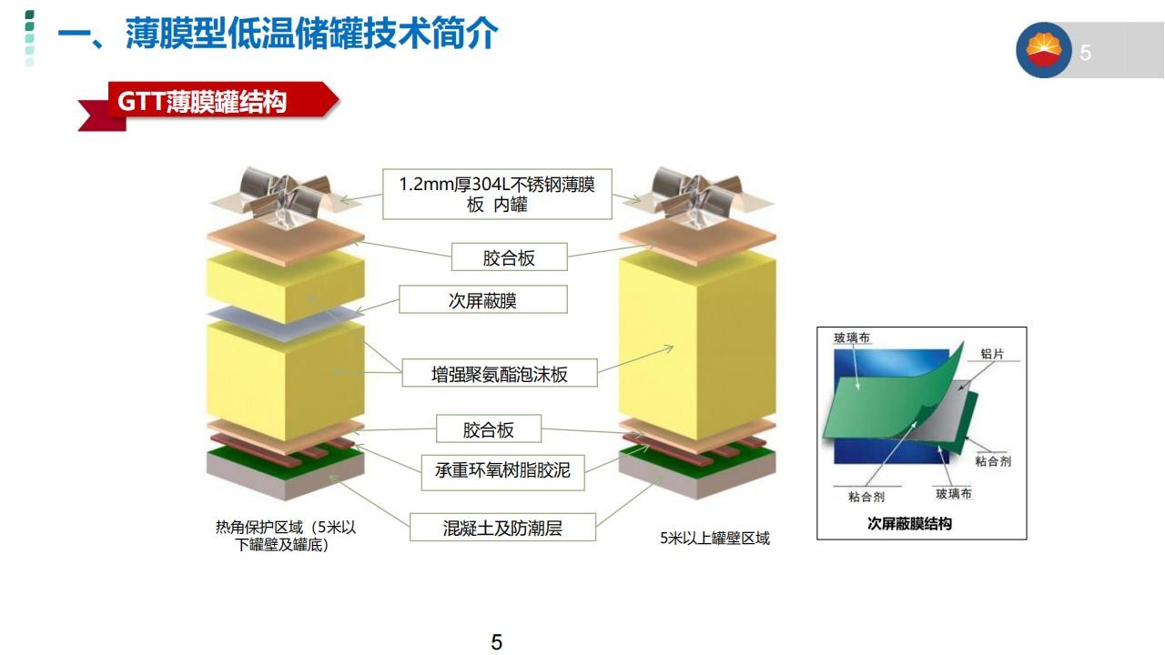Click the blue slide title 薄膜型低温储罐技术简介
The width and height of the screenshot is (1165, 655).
click(x=312, y=34)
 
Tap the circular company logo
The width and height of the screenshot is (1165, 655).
click(x=1043, y=50)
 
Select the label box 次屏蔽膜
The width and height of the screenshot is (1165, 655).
click(x=483, y=299)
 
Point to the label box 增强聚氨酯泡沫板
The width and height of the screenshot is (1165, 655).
click(x=500, y=373)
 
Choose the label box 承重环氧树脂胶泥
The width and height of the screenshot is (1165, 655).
click(x=502, y=472)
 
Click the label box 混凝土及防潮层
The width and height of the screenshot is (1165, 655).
click(x=502, y=528)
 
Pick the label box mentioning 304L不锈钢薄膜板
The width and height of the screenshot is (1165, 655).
click(x=497, y=194)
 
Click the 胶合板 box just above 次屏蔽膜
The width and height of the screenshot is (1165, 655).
click(x=509, y=257)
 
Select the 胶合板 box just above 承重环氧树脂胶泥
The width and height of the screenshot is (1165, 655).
click(x=489, y=428)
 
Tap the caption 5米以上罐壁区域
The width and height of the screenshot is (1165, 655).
click(x=714, y=538)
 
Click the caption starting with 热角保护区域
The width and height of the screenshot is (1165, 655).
click(x=286, y=536)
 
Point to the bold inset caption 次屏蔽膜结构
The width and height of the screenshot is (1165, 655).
click(x=909, y=523)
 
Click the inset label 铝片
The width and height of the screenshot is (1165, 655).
click(x=992, y=354)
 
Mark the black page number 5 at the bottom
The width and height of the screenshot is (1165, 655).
click(x=497, y=642)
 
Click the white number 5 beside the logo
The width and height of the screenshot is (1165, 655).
click(x=1085, y=53)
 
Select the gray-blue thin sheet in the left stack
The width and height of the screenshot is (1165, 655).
click(x=286, y=322)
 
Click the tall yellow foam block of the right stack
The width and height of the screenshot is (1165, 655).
click(x=697, y=346)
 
